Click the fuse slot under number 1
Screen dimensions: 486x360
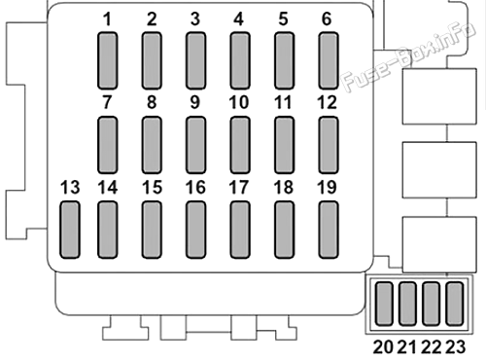[107, 60]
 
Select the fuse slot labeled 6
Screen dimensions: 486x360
[329, 60]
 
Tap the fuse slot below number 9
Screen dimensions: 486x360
[195, 145]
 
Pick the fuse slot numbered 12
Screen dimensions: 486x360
[329, 145]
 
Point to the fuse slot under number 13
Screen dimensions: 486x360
[70, 230]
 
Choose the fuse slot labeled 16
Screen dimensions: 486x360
[195, 230]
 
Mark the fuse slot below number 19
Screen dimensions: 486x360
[329, 230]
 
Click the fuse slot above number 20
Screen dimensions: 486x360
[384, 304]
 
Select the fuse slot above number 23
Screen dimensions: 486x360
[455, 304]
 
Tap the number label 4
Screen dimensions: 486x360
[239, 19]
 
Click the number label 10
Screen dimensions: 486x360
[239, 102]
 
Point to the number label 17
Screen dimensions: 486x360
[239, 188]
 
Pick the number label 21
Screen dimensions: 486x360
[407, 347]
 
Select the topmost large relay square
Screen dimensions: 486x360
[439, 96]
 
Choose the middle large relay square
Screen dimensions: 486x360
[439, 169]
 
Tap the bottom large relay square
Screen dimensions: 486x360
[439, 245]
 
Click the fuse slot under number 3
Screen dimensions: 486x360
[195, 60]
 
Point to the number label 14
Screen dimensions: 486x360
[108, 188]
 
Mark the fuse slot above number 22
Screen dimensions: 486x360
[432, 304]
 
